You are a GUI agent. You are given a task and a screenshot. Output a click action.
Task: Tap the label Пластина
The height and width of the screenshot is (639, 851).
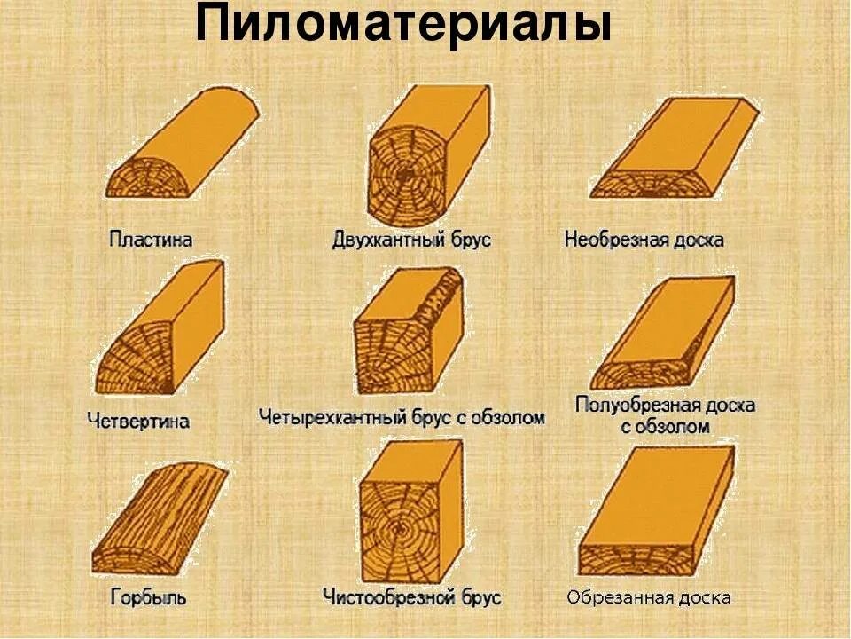tap(151, 239)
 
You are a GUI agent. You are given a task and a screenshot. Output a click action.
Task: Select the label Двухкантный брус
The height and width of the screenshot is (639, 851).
tap(411, 240)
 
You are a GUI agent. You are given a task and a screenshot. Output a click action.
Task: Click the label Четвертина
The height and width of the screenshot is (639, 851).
tap(138, 421)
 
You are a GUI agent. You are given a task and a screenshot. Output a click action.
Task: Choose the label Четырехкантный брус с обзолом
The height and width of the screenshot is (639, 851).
tap(402, 416)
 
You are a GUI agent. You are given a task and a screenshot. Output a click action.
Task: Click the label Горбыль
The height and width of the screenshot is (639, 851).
tap(148, 596)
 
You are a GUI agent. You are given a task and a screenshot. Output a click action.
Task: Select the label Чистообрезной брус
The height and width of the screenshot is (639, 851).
tap(412, 596)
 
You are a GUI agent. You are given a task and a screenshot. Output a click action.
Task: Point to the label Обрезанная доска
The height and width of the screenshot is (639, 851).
tap(650, 597)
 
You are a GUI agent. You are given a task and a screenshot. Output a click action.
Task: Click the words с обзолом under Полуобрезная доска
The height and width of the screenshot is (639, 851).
tap(665, 427)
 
